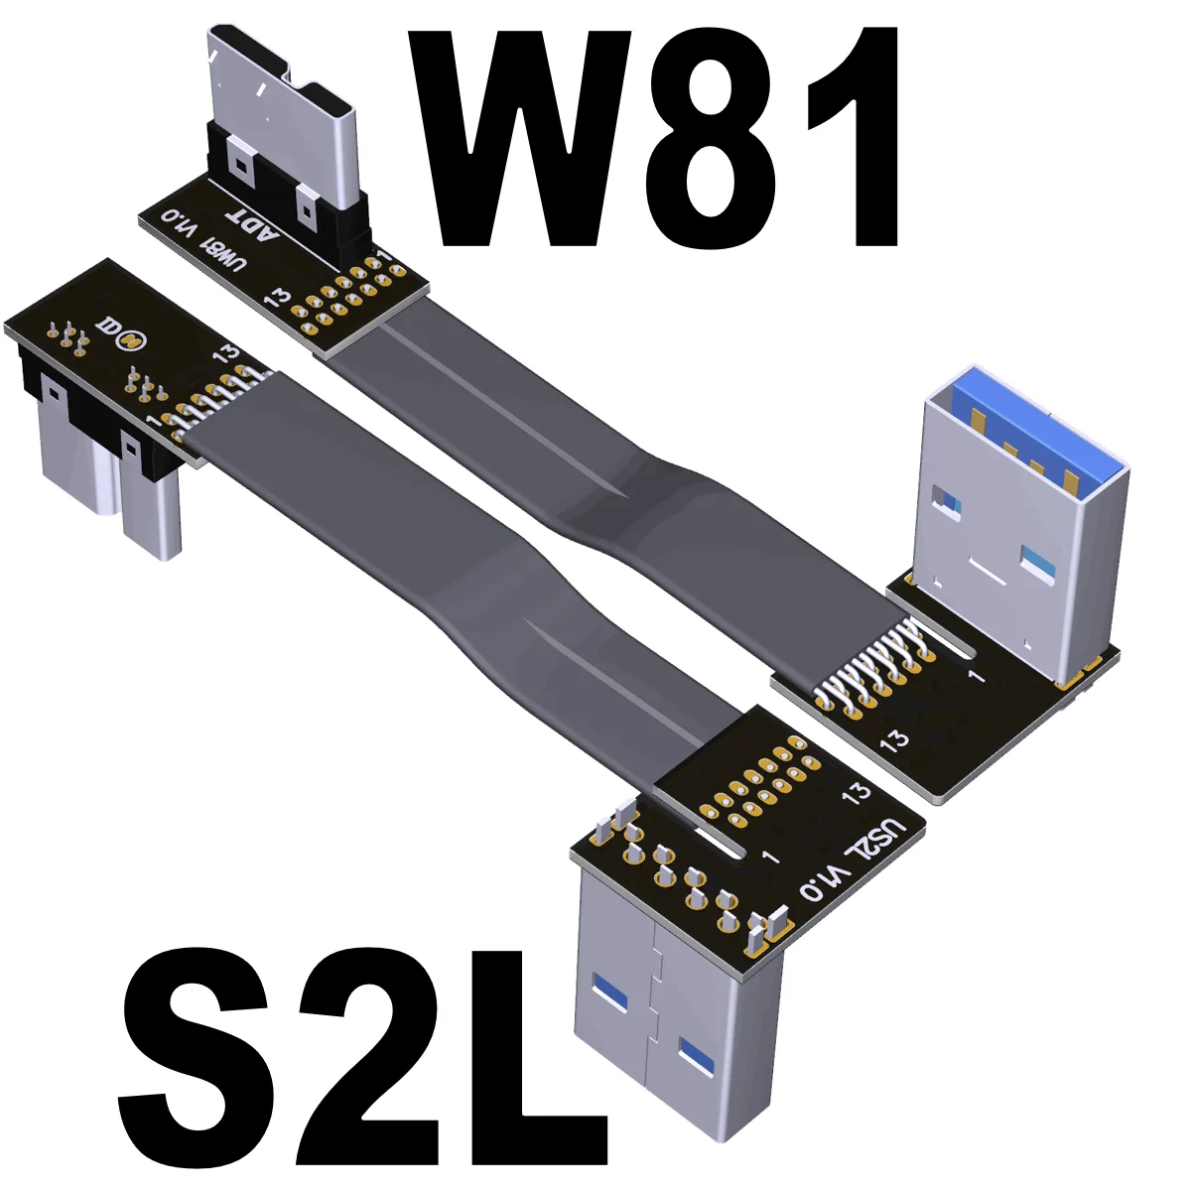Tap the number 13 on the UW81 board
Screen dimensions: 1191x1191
coord(280,296)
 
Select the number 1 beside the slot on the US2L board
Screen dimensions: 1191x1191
coord(768,856)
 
